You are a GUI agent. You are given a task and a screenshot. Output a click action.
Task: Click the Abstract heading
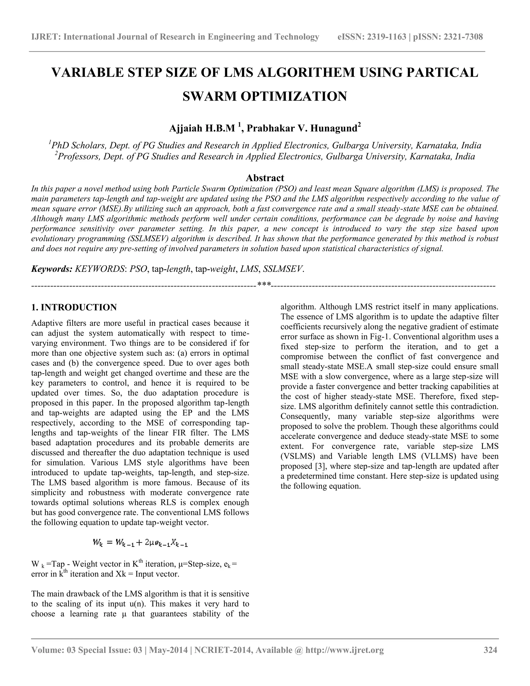tap(265, 178)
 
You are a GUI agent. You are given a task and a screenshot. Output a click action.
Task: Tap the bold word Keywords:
tap(52, 269)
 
